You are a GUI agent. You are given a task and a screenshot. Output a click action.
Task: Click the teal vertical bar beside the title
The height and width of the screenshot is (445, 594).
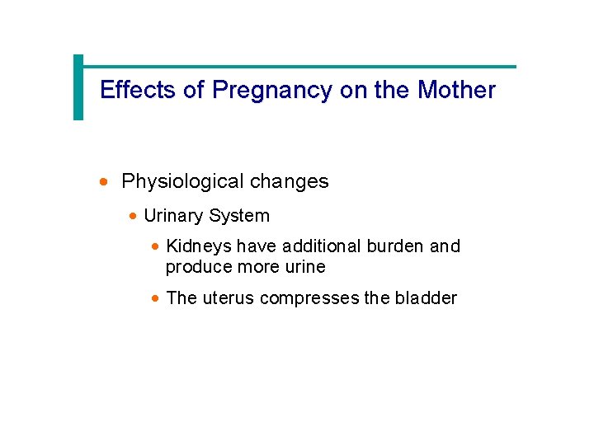(78, 87)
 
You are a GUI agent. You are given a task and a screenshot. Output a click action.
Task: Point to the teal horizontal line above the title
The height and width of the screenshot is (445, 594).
(297, 67)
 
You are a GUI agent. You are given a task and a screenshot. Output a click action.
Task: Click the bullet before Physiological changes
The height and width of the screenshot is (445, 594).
(103, 182)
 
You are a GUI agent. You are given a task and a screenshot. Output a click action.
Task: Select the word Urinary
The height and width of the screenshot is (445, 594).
(173, 216)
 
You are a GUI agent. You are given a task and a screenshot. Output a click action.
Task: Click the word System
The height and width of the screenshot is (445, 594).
(238, 216)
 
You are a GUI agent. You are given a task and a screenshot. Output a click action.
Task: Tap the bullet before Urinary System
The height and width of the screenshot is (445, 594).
(134, 217)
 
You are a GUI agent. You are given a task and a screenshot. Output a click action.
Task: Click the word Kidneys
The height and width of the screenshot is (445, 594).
(199, 246)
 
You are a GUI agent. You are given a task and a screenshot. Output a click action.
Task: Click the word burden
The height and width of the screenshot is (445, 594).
(398, 246)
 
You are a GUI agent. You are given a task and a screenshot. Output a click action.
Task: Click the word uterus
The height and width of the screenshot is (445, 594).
(227, 298)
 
